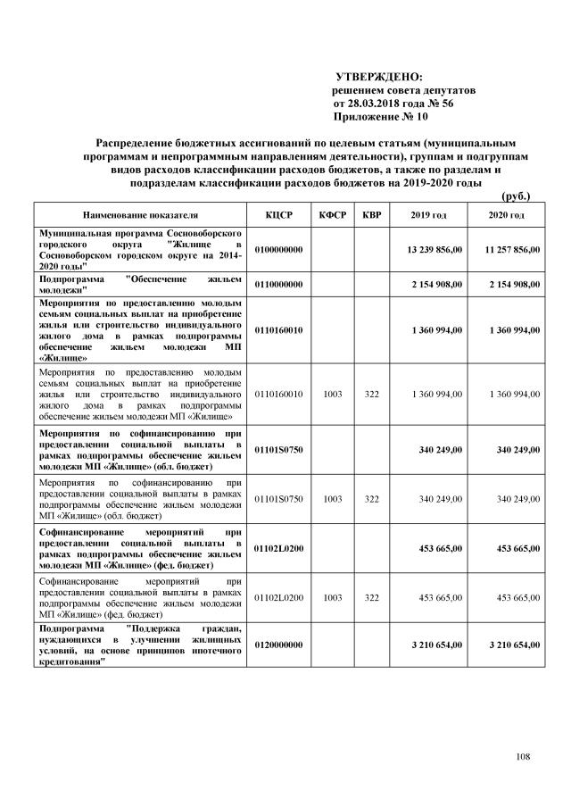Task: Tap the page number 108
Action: (x=523, y=758)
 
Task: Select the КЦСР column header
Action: (x=279, y=215)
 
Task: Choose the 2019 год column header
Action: (x=428, y=215)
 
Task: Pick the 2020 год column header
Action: (x=506, y=215)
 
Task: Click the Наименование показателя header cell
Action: (x=135, y=215)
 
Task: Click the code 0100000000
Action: (x=279, y=249)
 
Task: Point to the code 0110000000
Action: (x=279, y=284)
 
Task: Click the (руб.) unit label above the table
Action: (x=517, y=195)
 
